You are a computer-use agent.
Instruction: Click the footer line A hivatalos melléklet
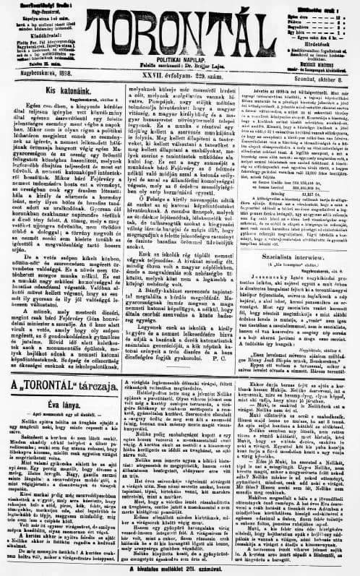[x=179, y=568]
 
